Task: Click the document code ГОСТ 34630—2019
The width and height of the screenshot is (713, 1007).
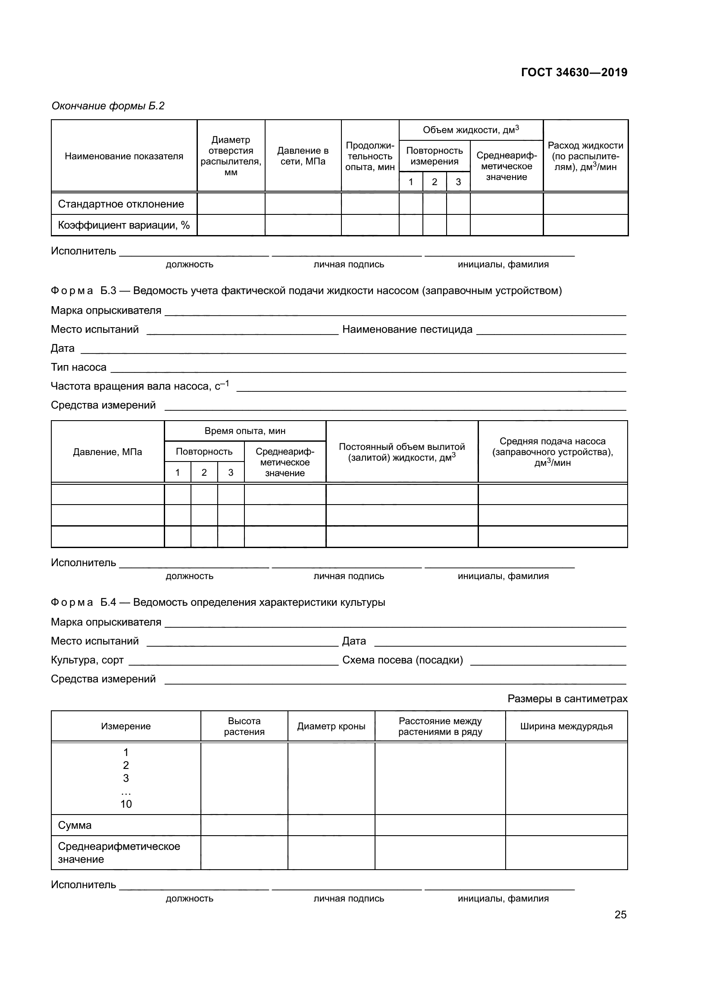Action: click(x=574, y=72)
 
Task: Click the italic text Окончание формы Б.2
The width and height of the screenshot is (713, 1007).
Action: click(x=108, y=106)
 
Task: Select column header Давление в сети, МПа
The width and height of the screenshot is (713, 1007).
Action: click(x=303, y=156)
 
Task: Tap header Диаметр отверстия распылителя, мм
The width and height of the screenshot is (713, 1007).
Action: click(x=231, y=156)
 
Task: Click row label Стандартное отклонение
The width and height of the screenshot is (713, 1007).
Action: click(x=121, y=204)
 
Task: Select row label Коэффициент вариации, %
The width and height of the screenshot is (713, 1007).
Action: click(x=123, y=226)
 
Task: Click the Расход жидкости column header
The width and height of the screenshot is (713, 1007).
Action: click(x=585, y=156)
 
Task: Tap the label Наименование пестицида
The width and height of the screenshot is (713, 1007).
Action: click(x=407, y=329)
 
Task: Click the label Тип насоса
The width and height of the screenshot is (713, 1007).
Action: click(x=78, y=367)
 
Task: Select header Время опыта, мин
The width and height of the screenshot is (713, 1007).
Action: click(x=244, y=431)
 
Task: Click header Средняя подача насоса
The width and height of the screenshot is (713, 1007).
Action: click(x=552, y=452)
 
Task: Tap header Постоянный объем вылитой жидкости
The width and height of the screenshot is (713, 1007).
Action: click(x=401, y=452)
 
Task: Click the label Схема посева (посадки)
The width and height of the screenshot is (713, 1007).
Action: click(x=402, y=660)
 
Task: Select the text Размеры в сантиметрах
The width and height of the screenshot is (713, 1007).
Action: click(x=567, y=699)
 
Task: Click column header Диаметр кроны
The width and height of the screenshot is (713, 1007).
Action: click(x=331, y=726)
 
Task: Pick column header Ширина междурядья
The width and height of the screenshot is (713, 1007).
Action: click(x=566, y=726)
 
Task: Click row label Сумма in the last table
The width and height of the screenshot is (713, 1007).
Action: click(x=75, y=825)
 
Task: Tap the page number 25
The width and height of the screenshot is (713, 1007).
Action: click(x=620, y=914)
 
